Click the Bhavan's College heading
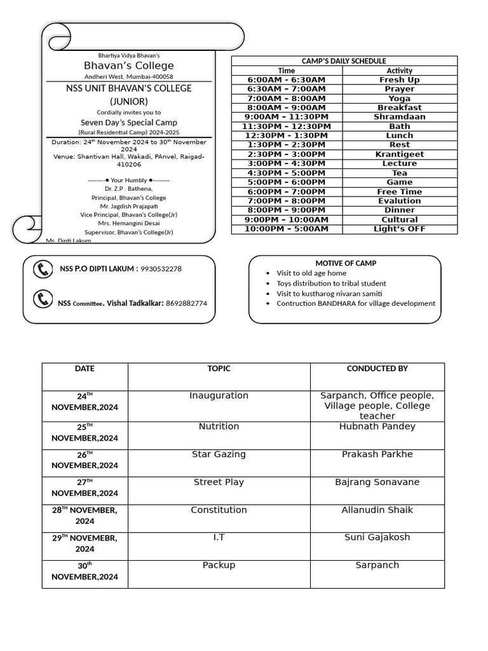[129, 65]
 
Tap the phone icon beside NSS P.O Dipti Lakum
[43, 270]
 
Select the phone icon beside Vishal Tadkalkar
[43, 299]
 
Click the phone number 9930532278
[161, 269]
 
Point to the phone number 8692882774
[186, 303]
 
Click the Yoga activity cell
[400, 99]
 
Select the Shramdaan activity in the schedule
[400, 117]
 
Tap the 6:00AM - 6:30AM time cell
[287, 79]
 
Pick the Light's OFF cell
[400, 229]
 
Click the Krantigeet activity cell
[400, 154]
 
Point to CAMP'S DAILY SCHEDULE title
[344, 61]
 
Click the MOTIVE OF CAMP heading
[346, 263]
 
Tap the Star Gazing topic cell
[219, 455]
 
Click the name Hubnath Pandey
[377, 427]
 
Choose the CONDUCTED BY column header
[377, 369]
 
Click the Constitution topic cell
[219, 510]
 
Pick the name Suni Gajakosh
[377, 537]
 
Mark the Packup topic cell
[219, 565]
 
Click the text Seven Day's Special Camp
[129, 122]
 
